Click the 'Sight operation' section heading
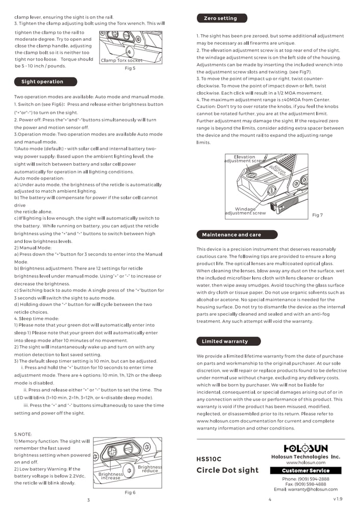(42, 82)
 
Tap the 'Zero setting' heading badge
(221, 18)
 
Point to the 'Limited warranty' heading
(225, 341)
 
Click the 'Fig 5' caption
(130, 68)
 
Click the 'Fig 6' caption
(130, 492)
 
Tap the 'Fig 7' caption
(317, 215)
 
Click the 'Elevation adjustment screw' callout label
(244, 159)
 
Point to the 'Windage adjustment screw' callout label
(245, 211)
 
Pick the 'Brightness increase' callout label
(111, 476)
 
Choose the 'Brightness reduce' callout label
(150, 469)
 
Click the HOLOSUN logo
(305, 448)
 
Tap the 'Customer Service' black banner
(305, 470)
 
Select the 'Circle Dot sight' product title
(227, 470)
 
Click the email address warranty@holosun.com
(305, 489)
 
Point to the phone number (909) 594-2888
(305, 479)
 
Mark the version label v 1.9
(338, 498)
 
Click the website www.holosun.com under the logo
(305, 462)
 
